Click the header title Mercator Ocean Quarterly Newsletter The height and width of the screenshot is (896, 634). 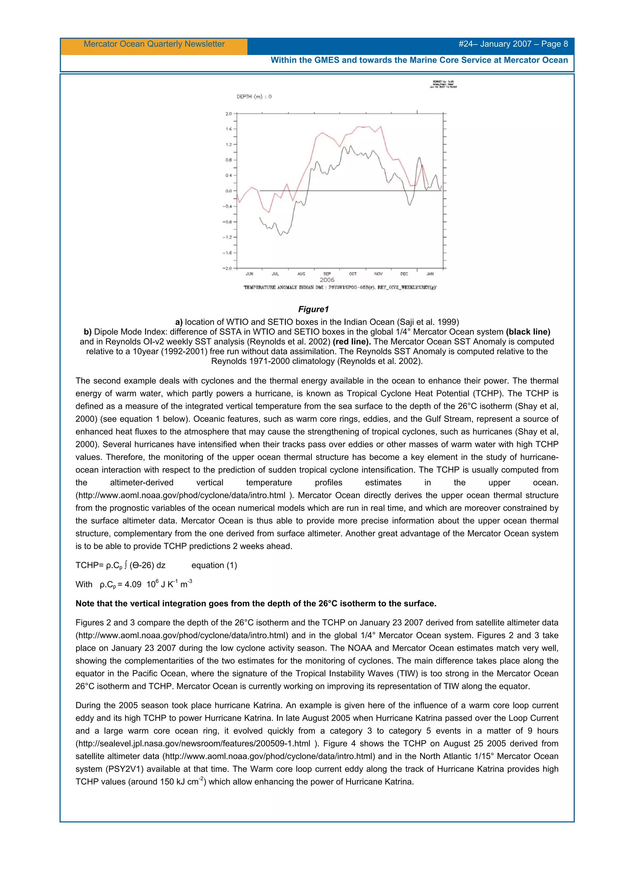pos(154,44)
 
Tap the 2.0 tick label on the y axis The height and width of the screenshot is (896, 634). pos(228,113)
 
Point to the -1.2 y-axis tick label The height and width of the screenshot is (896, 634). pos(227,237)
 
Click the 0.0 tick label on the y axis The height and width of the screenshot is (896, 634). pos(228,191)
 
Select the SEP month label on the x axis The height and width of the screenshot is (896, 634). pos(327,274)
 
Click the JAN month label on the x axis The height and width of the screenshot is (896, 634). pos(430,274)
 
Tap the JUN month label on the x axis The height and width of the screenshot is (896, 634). pos(250,274)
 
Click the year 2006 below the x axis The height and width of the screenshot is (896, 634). pos(327,280)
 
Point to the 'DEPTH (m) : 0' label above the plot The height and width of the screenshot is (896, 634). pos(254,96)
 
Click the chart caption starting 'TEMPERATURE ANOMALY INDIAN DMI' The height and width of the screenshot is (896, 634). pos(340,288)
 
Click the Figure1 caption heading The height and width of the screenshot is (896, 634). pos(313,309)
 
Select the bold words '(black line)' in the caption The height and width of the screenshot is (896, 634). pos(528,332)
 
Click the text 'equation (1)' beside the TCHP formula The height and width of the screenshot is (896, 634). pos(214,565)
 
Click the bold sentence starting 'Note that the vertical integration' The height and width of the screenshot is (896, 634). pos(256,604)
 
